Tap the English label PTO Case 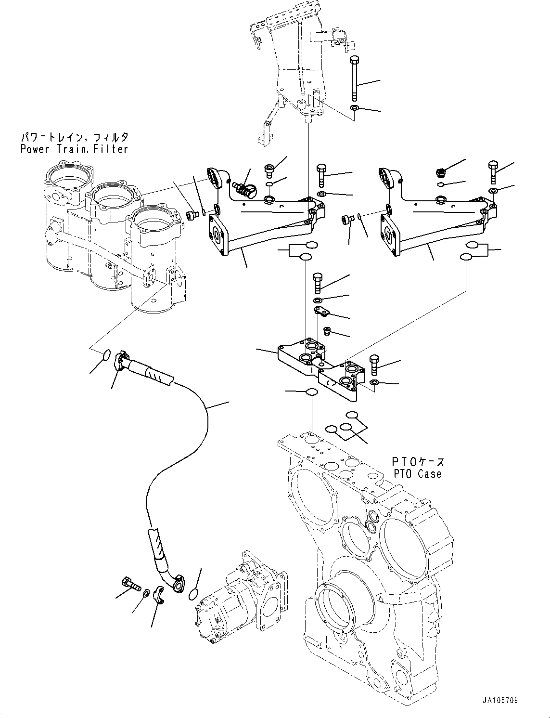tap(417, 474)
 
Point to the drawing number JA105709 tap(499, 701)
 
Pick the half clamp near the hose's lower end tap(160, 596)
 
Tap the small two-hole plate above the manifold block tap(320, 312)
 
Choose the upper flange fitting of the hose tap(122, 361)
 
